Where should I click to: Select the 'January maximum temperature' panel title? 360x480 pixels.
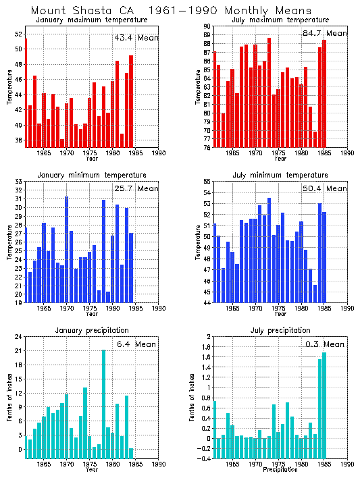(91, 20)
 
